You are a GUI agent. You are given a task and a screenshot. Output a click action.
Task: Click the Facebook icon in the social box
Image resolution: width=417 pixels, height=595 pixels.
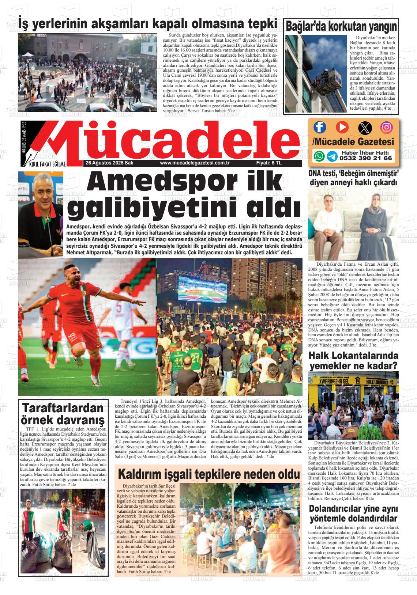tap(320, 127)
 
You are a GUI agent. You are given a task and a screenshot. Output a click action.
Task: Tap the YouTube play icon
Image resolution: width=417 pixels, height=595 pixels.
tap(342, 127)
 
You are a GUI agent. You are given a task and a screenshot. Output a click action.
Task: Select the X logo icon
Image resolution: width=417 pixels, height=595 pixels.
tap(365, 128)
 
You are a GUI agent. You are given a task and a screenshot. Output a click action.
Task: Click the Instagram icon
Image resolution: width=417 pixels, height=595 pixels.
tap(387, 127)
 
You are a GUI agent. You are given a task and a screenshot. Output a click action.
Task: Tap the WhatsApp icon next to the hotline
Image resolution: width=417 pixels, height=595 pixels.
tap(319, 156)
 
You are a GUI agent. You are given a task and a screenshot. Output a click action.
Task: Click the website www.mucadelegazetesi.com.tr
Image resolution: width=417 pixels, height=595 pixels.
tap(195, 163)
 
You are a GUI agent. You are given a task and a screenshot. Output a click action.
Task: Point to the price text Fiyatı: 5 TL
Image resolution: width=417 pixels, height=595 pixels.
tap(269, 163)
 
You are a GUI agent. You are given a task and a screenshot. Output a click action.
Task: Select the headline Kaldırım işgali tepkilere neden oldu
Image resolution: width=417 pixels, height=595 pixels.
tap(209, 474)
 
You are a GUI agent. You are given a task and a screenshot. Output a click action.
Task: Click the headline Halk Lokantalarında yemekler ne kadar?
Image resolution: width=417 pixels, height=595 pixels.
tap(353, 360)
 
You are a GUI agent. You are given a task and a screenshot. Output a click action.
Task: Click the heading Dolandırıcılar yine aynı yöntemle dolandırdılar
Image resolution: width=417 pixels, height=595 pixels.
tap(353, 513)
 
